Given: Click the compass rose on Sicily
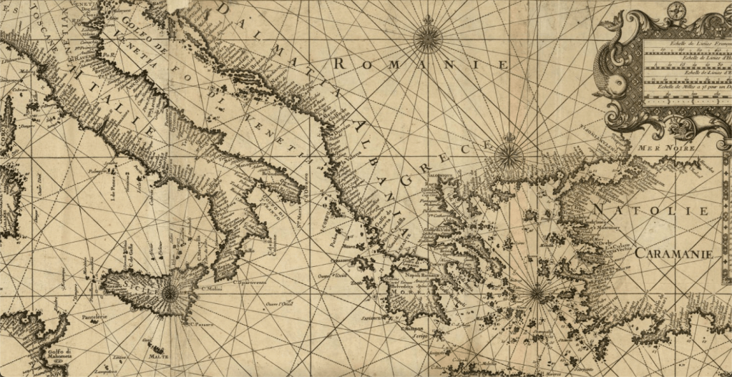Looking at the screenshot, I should point(170,291).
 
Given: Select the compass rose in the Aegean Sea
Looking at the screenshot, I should point(535,292).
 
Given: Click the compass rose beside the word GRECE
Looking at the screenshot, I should point(507,152).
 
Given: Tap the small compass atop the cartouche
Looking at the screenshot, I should point(676,10).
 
